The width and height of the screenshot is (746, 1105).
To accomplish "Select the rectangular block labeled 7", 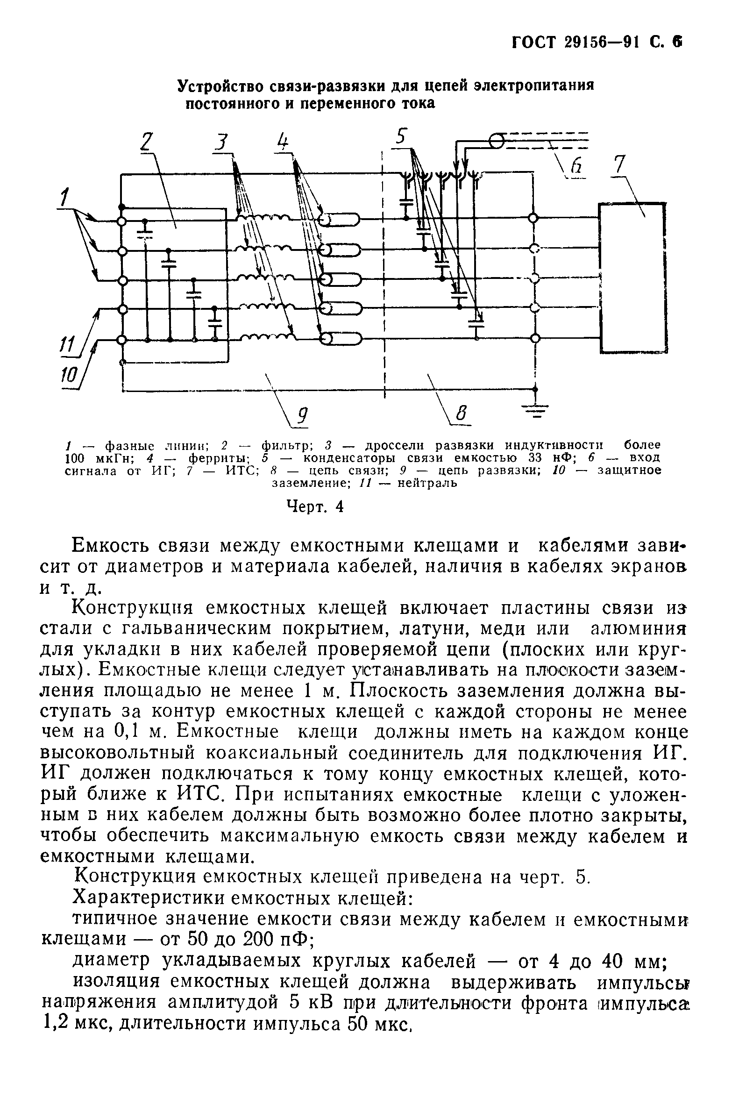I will pyautogui.click(x=632, y=278).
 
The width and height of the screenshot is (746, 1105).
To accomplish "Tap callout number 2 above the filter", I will pyautogui.click(x=149, y=142).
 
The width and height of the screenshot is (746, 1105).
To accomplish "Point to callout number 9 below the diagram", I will pyautogui.click(x=301, y=416).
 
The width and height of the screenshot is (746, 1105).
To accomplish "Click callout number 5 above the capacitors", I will pyautogui.click(x=401, y=137).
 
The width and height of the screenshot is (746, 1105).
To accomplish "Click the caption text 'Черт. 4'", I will pyautogui.click(x=315, y=507).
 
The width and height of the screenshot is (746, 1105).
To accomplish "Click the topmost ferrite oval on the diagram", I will pyautogui.click(x=341, y=219).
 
